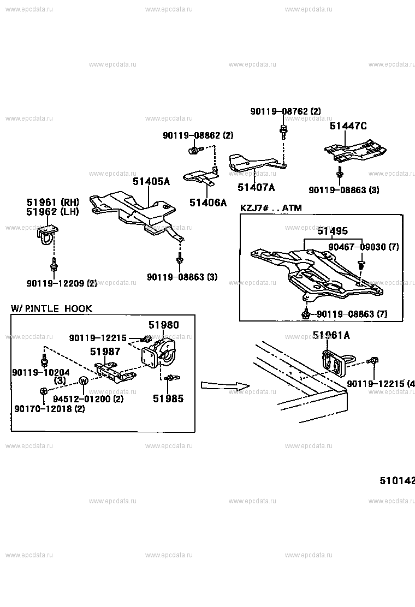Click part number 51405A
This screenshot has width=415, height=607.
click(151, 181)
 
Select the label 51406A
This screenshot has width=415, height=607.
click(207, 203)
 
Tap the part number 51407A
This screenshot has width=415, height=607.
click(256, 187)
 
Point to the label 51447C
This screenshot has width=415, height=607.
click(348, 126)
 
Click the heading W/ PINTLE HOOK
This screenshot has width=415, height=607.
click(52, 309)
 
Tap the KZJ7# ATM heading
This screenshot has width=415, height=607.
click(271, 208)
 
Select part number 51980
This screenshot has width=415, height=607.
click(163, 325)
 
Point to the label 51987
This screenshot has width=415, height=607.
click(105, 352)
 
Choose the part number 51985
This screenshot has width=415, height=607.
click(168, 398)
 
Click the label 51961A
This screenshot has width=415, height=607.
click(331, 336)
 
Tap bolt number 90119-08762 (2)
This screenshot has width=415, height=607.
click(286, 111)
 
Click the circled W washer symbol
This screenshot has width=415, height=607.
click(84, 381)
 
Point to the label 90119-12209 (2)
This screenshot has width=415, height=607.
click(61, 283)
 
